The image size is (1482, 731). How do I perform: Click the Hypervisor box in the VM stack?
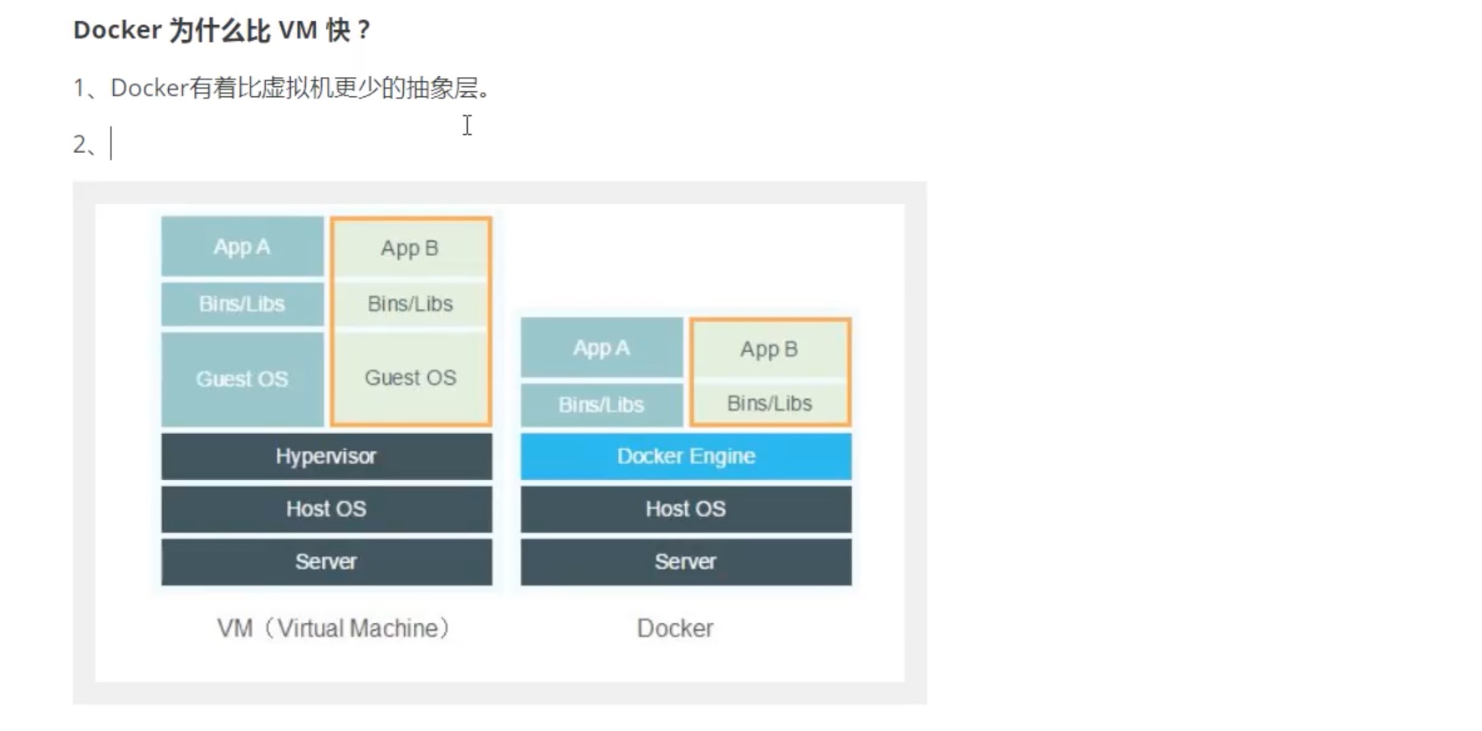pyautogui.click(x=326, y=456)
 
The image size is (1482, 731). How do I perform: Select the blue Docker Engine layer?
pyautogui.click(x=686, y=456)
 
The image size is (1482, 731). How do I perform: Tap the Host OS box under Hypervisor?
pyautogui.click(x=326, y=509)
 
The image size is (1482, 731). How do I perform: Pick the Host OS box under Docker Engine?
pyautogui.click(x=686, y=509)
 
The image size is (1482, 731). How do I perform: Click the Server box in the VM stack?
pyautogui.click(x=326, y=561)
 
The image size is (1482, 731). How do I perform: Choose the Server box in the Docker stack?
pyautogui.click(x=686, y=561)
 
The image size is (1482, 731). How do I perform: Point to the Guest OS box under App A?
pyautogui.click(x=243, y=379)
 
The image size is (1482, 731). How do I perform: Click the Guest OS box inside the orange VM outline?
pyautogui.click(x=411, y=378)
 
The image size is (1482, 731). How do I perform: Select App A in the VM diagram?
pyautogui.click(x=243, y=247)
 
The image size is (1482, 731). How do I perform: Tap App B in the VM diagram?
pyautogui.click(x=410, y=248)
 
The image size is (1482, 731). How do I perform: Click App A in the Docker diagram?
pyautogui.click(x=601, y=348)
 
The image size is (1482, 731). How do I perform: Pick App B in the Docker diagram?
pyautogui.click(x=769, y=350)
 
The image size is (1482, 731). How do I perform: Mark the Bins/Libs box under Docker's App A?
pyautogui.click(x=601, y=405)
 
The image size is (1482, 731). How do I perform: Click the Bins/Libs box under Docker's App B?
pyautogui.click(x=769, y=403)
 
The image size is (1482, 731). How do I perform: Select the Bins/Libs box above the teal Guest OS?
pyautogui.click(x=243, y=304)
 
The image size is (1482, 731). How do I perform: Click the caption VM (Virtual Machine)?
pyautogui.click(x=333, y=628)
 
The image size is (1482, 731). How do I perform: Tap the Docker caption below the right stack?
pyautogui.click(x=675, y=628)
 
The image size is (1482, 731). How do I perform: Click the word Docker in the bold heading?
pyautogui.click(x=117, y=30)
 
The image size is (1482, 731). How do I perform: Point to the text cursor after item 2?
pyautogui.click(x=111, y=144)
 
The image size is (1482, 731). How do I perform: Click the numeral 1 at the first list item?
pyautogui.click(x=79, y=88)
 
